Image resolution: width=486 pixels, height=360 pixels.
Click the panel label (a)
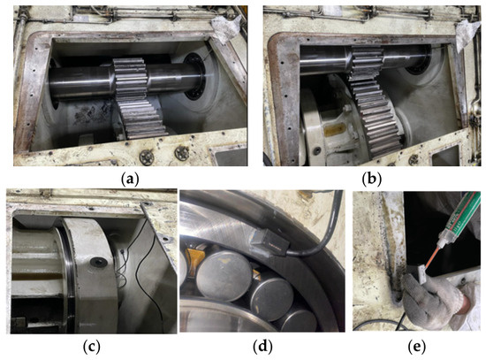131,179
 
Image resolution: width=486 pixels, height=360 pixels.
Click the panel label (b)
372,179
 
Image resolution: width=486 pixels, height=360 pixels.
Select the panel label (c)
92,347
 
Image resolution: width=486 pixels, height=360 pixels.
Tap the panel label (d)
262,347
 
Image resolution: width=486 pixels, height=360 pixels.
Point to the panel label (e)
416,347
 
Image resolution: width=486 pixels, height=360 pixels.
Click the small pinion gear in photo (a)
130,80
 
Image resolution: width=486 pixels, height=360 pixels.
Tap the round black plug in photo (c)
99,262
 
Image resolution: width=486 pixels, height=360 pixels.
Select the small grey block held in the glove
418,272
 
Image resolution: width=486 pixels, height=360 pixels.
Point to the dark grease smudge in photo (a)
90,114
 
